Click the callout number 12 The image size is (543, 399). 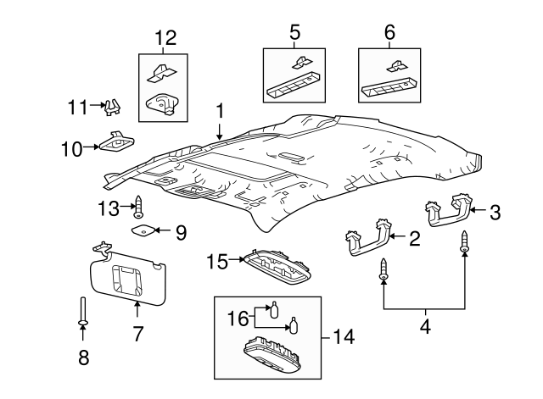point(165,37)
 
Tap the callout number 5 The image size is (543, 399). point(294,32)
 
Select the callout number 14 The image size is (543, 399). point(343,336)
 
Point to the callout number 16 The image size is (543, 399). point(238,319)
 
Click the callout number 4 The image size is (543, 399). point(425,326)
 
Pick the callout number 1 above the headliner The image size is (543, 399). point(220,111)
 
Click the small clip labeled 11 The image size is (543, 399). point(112,107)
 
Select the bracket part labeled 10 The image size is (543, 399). point(117,141)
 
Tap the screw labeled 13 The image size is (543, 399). point(139,207)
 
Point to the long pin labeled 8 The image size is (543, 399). point(83,311)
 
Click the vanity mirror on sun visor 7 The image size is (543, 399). point(127,280)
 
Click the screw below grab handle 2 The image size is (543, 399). point(383,269)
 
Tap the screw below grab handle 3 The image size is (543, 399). point(464,242)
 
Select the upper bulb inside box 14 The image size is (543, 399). point(274,309)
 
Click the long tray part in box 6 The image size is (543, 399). point(389,86)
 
